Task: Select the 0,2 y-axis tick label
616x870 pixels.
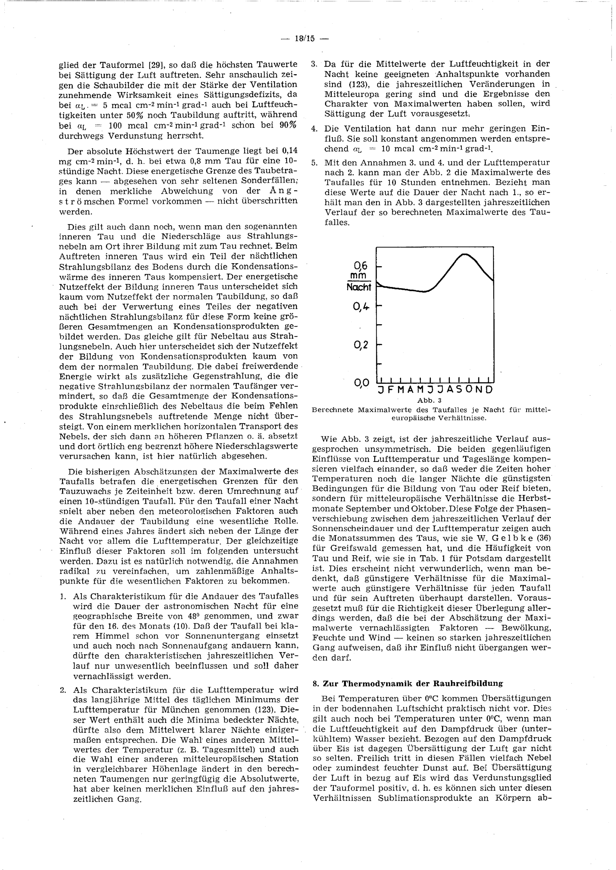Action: tap(360, 345)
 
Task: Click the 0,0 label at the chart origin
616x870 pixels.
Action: tap(361, 383)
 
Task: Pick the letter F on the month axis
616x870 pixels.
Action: tap(391, 390)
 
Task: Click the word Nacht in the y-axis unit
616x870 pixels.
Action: tap(359, 287)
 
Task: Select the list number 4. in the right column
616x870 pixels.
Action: tap(314, 129)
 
